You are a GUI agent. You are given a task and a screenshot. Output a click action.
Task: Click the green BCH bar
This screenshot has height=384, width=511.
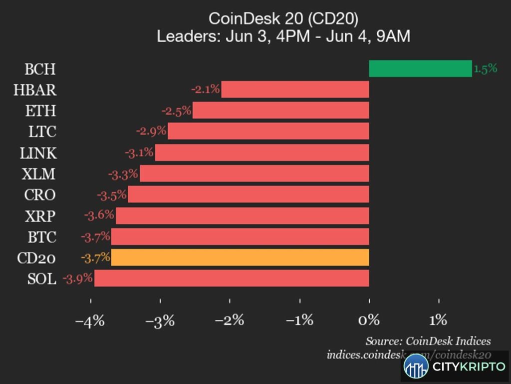click(x=420, y=68)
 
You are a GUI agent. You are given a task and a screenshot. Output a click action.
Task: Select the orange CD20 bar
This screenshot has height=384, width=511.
click(x=240, y=257)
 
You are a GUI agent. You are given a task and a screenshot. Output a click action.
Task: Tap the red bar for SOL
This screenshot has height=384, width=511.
click(x=232, y=278)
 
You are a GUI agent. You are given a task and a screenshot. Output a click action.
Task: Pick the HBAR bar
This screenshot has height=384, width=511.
click(x=295, y=89)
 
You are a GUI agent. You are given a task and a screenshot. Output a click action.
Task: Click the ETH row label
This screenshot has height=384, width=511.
click(x=41, y=110)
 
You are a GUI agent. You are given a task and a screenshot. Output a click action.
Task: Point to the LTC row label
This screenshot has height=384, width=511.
click(x=42, y=131)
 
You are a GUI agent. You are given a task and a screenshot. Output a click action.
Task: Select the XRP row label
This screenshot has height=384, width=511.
click(x=40, y=216)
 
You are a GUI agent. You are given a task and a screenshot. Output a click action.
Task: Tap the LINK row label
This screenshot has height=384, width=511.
click(x=38, y=153)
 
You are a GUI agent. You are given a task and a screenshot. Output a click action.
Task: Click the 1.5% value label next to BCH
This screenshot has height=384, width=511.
click(x=486, y=68)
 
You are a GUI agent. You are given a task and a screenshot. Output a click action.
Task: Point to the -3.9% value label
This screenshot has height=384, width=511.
click(x=77, y=278)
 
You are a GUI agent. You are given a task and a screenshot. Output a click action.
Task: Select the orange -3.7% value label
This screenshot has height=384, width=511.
click(x=95, y=258)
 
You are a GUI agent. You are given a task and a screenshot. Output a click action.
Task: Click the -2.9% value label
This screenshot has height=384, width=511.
click(x=151, y=131)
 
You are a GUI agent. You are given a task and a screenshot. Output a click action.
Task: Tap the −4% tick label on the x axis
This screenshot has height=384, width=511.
click(x=90, y=320)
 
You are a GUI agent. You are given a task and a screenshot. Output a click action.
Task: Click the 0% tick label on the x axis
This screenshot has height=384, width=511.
click(x=369, y=320)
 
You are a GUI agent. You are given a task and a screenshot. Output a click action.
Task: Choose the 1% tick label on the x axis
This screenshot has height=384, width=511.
click(x=438, y=320)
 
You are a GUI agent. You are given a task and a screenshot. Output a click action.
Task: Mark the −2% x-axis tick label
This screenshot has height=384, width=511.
click(x=230, y=320)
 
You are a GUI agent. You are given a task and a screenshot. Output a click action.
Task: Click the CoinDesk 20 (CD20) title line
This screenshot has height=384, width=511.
click(x=283, y=19)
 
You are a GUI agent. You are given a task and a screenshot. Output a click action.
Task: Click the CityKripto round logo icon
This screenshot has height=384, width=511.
click(x=416, y=366)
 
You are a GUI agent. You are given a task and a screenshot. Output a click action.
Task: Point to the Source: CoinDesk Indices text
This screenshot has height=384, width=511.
click(x=428, y=341)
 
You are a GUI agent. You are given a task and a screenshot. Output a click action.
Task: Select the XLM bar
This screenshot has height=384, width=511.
click(x=255, y=173)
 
